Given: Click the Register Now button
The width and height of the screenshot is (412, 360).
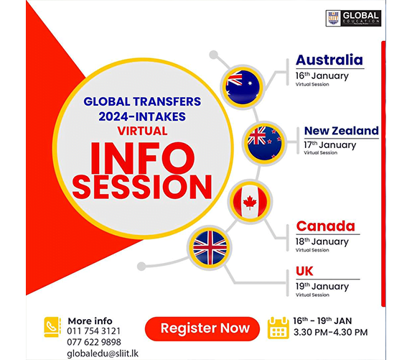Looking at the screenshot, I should [205, 328].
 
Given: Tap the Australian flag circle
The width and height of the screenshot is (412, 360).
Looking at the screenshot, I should [238, 86].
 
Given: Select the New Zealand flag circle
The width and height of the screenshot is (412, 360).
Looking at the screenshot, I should [265, 136].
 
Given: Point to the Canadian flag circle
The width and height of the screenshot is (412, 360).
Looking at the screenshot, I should [250, 202].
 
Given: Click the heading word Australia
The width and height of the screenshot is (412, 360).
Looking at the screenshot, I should [329, 60].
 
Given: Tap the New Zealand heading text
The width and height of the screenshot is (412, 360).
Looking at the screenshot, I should [341, 131].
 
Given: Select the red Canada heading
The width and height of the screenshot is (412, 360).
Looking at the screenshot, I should [325, 227].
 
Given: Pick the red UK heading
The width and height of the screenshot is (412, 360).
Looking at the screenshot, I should [304, 271].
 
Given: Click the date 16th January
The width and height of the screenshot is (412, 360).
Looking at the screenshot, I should [322, 75].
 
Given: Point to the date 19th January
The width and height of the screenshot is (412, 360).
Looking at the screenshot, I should [322, 286].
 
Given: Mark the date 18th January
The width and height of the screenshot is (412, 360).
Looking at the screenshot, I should [322, 242].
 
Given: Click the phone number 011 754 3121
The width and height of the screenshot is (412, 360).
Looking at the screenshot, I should [94, 331].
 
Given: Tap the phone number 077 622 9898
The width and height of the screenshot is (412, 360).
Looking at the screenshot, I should [95, 342].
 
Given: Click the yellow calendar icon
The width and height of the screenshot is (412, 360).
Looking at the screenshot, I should [277, 328].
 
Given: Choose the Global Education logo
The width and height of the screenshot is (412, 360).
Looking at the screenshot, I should [352, 18].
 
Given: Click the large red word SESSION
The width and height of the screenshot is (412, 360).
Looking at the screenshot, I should [142, 186].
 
